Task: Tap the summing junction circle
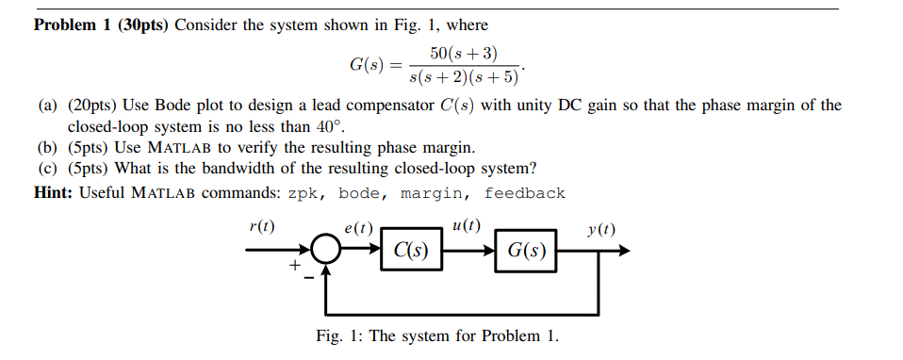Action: (327, 252)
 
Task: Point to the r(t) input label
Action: (261, 227)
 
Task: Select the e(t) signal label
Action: (359, 228)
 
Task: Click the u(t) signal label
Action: (466, 226)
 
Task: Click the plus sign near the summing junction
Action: (294, 268)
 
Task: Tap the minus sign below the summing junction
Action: (308, 278)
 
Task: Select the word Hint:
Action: (55, 193)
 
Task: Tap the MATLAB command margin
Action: (433, 193)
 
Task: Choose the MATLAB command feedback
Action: (524, 193)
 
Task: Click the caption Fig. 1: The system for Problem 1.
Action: (437, 336)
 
